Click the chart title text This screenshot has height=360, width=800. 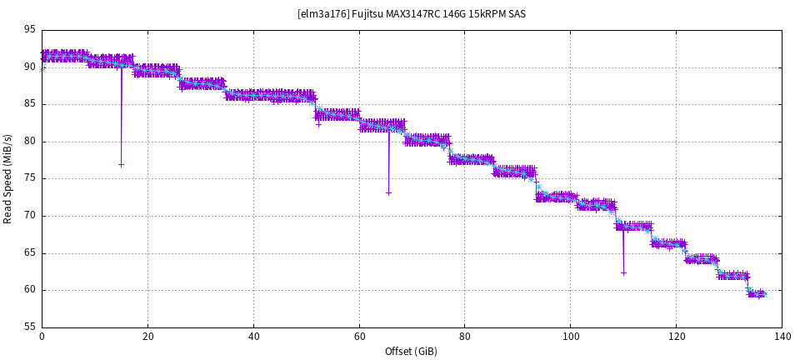(411, 13)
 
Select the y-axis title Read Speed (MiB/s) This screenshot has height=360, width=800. (8, 178)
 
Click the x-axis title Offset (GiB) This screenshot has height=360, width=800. (411, 351)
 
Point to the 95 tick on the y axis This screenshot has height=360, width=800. (29, 30)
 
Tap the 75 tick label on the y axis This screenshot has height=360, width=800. (29, 179)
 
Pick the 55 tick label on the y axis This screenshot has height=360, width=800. (29, 327)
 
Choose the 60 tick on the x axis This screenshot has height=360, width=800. (359, 337)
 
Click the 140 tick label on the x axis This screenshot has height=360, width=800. (782, 337)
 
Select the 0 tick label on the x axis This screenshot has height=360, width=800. (42, 337)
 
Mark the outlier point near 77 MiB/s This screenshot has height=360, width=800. (121, 164)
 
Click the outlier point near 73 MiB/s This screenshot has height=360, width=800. (388, 193)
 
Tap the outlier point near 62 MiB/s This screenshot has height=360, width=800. (623, 272)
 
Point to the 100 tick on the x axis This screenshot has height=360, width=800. (570, 337)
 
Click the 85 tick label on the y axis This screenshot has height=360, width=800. (29, 104)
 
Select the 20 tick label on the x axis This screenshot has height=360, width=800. (147, 337)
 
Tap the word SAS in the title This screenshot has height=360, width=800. (516, 13)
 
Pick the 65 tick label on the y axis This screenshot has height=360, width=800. (29, 253)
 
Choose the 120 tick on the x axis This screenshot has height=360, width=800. (676, 337)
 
